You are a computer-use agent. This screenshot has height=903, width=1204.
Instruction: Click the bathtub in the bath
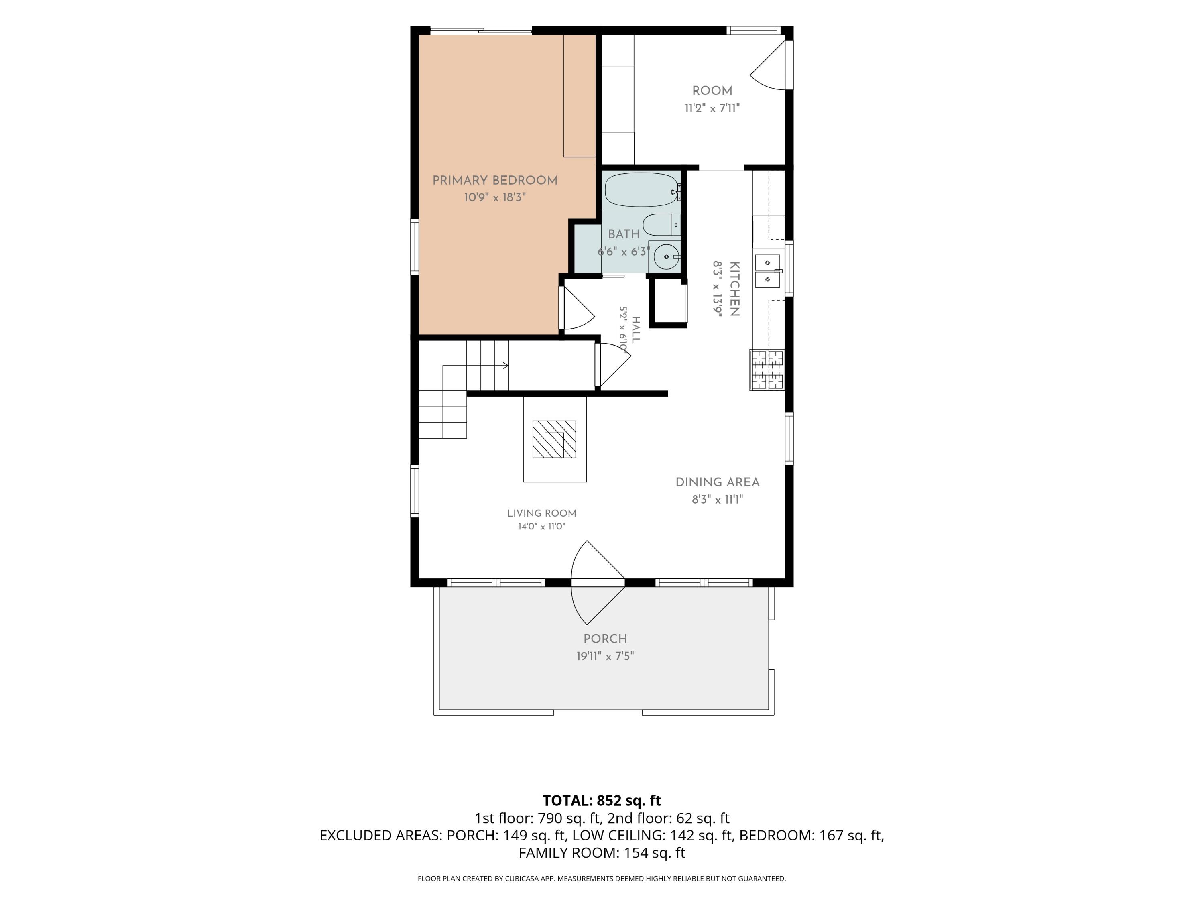pyautogui.click(x=642, y=190)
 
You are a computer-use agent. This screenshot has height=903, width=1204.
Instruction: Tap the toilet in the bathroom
pyautogui.click(x=661, y=224)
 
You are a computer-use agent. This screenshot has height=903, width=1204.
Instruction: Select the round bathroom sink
pyautogui.click(x=666, y=256)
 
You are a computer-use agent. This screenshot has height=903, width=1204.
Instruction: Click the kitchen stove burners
pyautogui.click(x=767, y=370)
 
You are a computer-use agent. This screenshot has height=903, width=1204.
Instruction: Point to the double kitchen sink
pyautogui.click(x=767, y=271)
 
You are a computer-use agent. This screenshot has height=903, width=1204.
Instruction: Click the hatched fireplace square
pyautogui.click(x=554, y=439)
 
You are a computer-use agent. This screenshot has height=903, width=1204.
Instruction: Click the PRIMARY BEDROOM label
pyautogui.click(x=495, y=180)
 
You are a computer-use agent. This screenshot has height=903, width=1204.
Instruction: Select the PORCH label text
pyautogui.click(x=605, y=639)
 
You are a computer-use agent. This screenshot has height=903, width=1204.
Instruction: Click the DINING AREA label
pyautogui.click(x=718, y=482)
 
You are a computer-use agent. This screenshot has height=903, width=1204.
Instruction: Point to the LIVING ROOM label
pyautogui.click(x=541, y=513)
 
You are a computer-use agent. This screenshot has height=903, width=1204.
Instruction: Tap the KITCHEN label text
pyautogui.click(x=734, y=289)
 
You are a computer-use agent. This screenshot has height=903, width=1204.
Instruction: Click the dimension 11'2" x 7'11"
pyautogui.click(x=712, y=108)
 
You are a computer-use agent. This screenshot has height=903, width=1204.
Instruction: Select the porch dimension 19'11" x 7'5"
pyautogui.click(x=605, y=656)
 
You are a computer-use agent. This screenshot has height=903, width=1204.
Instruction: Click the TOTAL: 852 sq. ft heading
pyautogui.click(x=602, y=801)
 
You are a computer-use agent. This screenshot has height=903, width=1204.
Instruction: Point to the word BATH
pyautogui.click(x=624, y=234)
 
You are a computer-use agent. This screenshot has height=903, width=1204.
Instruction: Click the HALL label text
pyautogui.click(x=636, y=329)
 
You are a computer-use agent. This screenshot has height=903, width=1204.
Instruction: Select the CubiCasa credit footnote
pyautogui.click(x=602, y=879)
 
